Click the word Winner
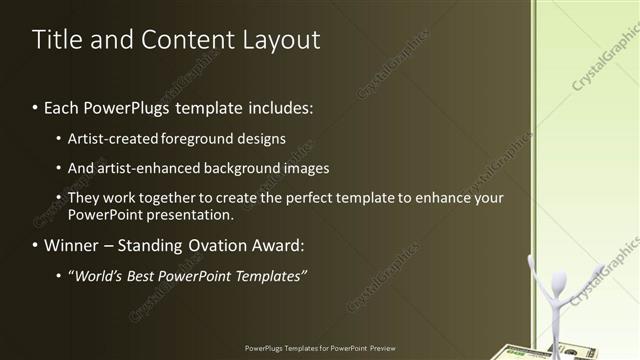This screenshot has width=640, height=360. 71,245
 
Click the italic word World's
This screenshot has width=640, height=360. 100,275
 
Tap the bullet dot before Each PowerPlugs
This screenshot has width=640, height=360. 35,106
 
